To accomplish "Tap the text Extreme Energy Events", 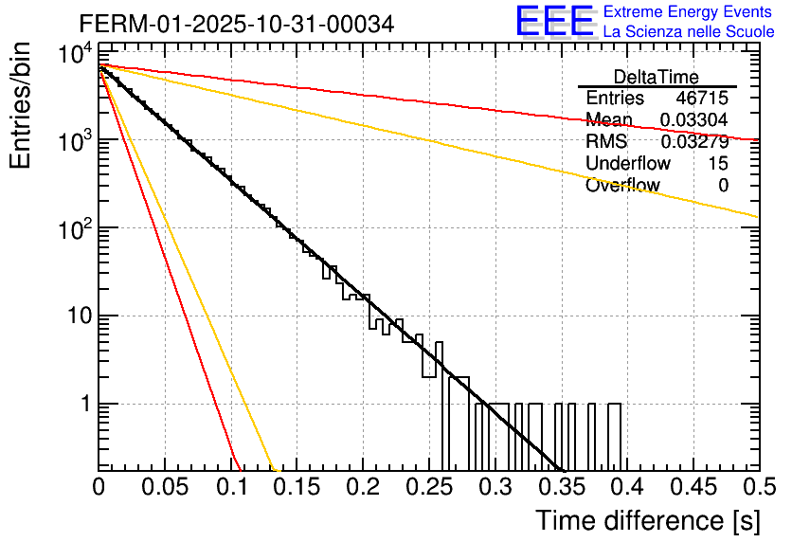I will click(689, 11).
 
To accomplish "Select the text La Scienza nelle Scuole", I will click(689, 32).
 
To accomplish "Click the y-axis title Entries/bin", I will click(23, 107).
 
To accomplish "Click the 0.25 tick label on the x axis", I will click(428, 487).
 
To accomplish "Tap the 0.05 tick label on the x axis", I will click(165, 487).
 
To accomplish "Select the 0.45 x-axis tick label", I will click(693, 487).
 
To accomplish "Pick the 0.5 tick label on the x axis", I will click(757, 487).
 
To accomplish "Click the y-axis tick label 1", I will click(84, 404).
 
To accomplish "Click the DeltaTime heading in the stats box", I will click(657, 77).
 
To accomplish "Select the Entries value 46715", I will click(702, 99).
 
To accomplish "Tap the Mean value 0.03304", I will click(694, 120).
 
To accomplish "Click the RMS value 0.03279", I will click(694, 142).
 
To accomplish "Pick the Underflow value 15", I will click(718, 164).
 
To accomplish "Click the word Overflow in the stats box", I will click(622, 186).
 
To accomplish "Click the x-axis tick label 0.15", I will click(297, 487).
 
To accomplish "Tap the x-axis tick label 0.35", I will click(561, 487).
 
